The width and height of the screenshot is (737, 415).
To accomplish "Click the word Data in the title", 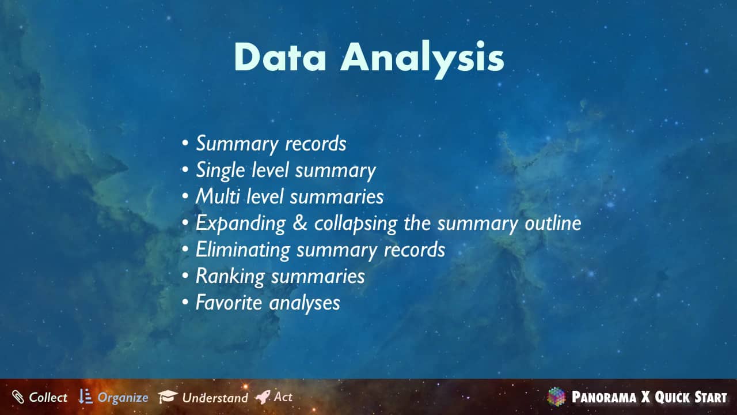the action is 280,57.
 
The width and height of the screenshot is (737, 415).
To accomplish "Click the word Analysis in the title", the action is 422,59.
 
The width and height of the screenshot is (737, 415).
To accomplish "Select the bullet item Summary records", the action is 271,144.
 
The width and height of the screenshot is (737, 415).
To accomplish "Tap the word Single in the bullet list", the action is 220,171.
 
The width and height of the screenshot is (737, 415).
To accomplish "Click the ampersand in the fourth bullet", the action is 300,222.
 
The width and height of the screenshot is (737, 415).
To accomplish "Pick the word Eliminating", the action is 243,250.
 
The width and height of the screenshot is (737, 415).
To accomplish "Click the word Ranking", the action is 230,277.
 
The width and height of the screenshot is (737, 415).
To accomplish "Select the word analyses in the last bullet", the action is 305,303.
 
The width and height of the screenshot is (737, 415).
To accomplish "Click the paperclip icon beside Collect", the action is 18,397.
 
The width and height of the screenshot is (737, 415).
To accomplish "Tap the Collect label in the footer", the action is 48,397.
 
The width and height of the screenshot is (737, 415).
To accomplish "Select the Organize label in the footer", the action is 123,398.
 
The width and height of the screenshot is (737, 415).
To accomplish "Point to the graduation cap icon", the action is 168,397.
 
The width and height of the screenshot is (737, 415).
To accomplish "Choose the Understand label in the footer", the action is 215,398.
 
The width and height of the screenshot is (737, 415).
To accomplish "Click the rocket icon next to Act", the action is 263,397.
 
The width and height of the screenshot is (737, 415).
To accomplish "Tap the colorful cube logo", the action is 556,397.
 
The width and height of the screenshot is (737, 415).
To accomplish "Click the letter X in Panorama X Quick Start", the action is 645,397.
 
